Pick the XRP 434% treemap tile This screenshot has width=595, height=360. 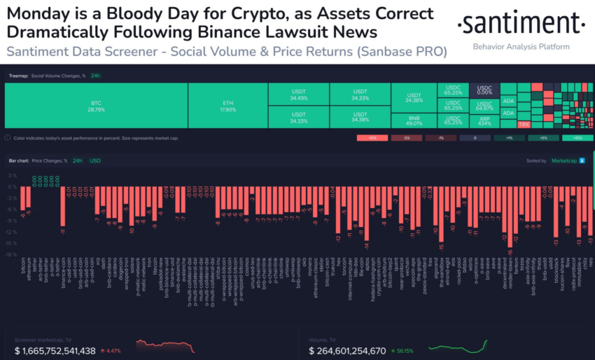click(484, 119)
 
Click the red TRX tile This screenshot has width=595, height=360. click(524, 124)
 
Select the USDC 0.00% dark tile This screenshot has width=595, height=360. click(484, 90)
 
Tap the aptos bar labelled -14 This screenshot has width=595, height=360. click(366, 214)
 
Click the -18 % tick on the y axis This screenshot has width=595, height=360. click(11, 254)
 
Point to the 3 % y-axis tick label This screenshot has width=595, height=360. click(11, 176)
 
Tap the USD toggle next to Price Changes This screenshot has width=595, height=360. click(94, 161)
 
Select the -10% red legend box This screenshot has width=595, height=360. click(372, 138)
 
